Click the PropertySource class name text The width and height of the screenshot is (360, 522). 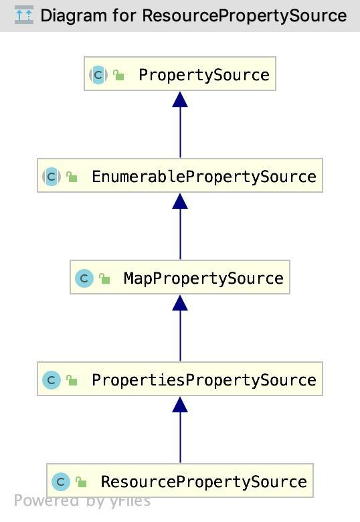(203, 75)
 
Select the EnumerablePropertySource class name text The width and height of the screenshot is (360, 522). (203, 177)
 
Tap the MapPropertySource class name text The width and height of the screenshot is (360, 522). (203, 278)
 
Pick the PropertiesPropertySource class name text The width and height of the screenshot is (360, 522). (203, 380)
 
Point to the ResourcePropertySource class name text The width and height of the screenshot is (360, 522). (203, 482)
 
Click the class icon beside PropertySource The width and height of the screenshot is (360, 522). (98, 75)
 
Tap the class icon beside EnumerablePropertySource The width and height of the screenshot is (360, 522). (52, 177)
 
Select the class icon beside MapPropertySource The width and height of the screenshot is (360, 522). (84, 278)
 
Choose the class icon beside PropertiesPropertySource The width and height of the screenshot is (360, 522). (52, 380)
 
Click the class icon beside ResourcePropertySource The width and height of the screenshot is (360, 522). (61, 482)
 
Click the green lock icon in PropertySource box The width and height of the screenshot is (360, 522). (118, 76)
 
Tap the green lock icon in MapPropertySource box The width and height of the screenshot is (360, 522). (104, 279)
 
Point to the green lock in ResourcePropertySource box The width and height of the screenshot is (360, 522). (81, 483)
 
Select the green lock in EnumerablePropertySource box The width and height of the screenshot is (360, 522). (72, 177)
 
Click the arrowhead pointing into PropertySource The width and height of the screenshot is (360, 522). (180, 99)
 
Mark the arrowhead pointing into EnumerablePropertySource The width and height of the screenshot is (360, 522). (180, 201)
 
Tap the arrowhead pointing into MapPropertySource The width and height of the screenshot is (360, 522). (180, 302)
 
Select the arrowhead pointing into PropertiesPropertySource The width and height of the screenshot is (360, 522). (180, 404)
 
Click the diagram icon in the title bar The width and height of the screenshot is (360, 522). (23, 15)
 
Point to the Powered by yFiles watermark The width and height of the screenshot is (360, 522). (82, 501)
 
